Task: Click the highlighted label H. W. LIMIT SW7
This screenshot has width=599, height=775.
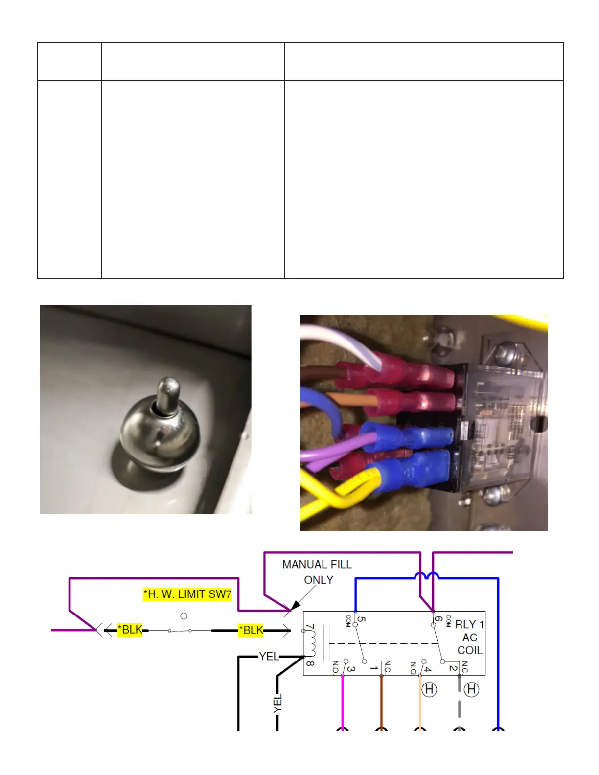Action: tap(187, 594)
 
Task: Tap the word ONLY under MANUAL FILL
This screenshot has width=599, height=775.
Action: tap(319, 580)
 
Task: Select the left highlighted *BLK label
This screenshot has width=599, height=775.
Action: tap(130, 630)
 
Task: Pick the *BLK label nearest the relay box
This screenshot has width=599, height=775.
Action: tap(252, 630)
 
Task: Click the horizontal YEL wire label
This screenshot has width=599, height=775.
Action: tap(269, 657)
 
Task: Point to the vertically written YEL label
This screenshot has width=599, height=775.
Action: tap(278, 704)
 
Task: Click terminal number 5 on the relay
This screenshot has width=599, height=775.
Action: tap(361, 619)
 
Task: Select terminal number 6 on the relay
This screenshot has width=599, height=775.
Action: tap(438, 619)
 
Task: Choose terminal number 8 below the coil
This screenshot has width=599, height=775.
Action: tap(310, 663)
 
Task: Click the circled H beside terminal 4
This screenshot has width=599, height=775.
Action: tap(429, 690)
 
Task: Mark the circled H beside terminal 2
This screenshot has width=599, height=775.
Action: tap(471, 690)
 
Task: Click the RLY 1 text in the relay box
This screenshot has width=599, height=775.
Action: tap(469, 625)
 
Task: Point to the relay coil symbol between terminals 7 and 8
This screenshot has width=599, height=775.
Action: tap(311, 643)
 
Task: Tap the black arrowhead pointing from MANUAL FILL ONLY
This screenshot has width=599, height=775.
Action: tap(295, 606)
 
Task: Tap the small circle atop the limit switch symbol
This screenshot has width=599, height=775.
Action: tap(184, 616)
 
